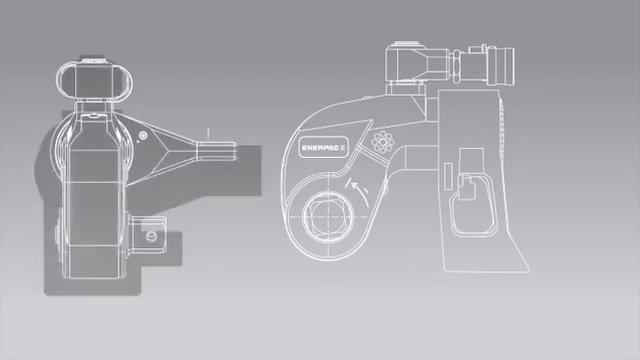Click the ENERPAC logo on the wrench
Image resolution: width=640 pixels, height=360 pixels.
coord(323,147)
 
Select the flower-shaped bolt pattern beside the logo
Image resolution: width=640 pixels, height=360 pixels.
coord(383,142)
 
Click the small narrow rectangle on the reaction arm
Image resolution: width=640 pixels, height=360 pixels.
coord(448,176)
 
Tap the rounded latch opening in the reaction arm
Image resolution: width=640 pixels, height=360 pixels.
coord(474,207)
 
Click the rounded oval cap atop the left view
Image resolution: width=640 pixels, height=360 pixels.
coord(94,80)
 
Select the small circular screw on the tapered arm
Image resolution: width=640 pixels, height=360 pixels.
coord(142,136)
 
